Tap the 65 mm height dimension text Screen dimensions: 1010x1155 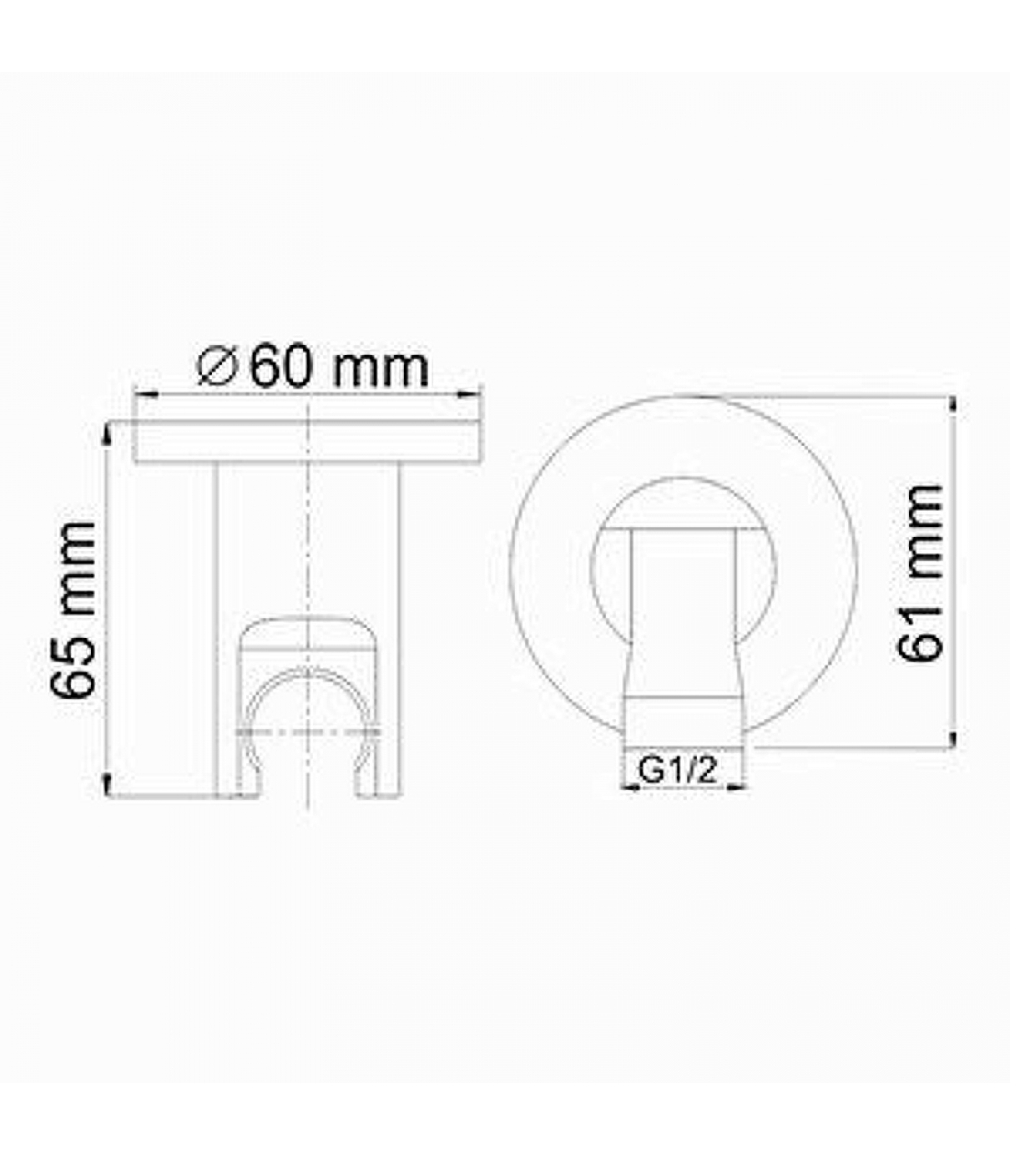coord(74,610)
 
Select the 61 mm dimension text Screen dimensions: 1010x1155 coord(921,572)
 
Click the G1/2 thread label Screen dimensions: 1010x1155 coord(678,770)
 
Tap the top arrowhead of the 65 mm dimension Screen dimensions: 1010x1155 coord(107,433)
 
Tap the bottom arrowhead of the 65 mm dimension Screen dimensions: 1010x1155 coord(107,785)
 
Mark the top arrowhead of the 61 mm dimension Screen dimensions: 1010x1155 coord(956,406)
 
